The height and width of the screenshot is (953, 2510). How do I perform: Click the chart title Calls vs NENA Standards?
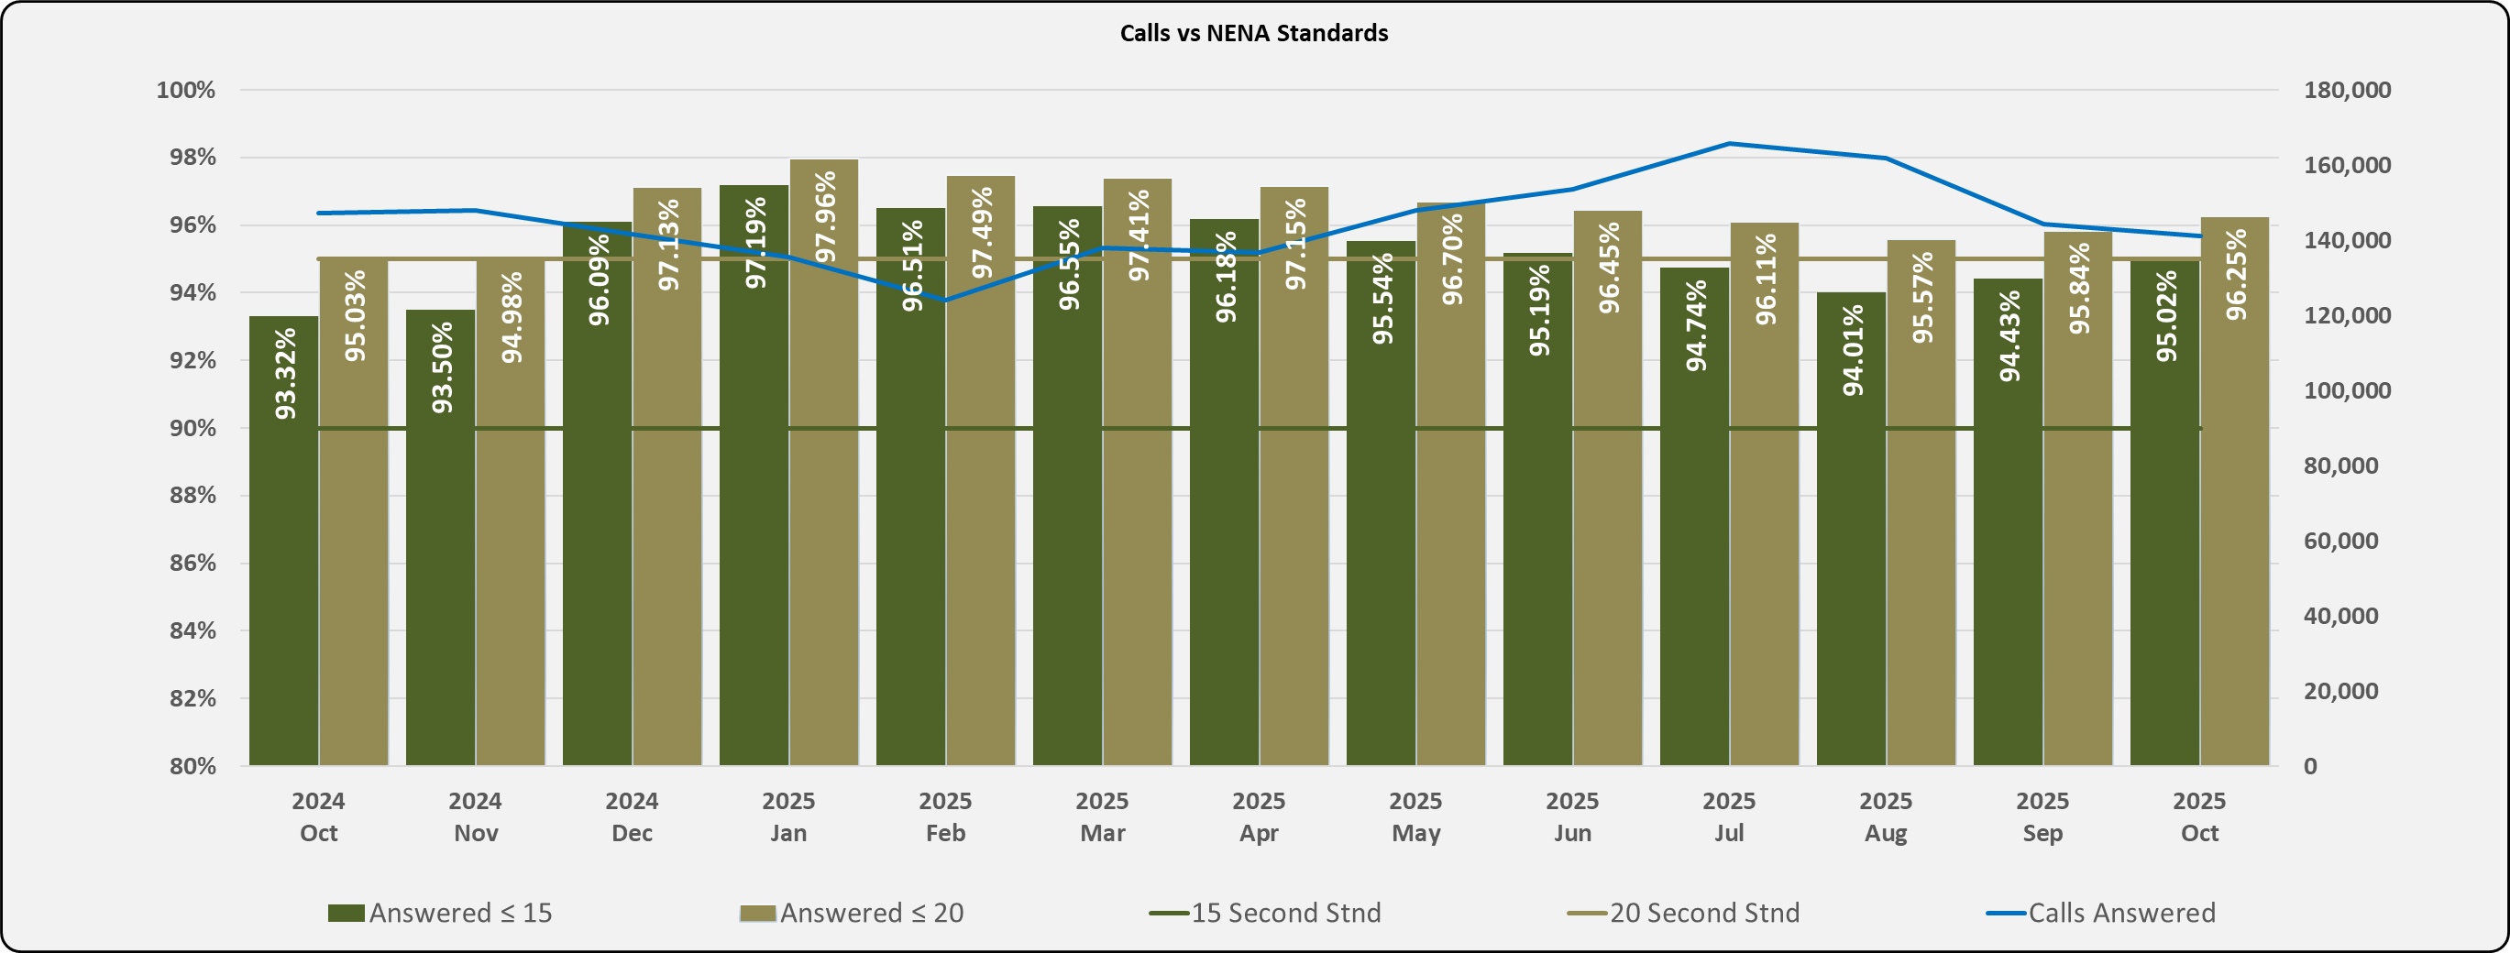click(1253, 33)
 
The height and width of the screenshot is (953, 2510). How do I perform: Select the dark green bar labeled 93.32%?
click(283, 585)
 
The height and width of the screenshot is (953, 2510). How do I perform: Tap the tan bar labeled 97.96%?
click(824, 536)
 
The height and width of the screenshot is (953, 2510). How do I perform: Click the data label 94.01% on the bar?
click(1853, 351)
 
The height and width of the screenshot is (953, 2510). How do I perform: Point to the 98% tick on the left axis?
click(186, 157)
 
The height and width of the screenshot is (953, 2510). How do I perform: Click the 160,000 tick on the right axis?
click(2346, 165)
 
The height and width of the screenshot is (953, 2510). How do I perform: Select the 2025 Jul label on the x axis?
click(1729, 816)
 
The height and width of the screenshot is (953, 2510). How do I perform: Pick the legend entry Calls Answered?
click(2121, 913)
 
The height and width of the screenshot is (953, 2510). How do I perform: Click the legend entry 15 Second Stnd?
click(1285, 913)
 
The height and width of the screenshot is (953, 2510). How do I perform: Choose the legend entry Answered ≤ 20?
click(870, 913)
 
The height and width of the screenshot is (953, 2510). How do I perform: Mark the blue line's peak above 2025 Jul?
click(1729, 143)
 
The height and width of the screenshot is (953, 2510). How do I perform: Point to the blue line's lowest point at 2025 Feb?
click(945, 301)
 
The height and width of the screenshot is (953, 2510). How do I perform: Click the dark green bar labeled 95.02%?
click(2164, 585)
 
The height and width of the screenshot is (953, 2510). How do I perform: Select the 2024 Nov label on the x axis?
click(476, 816)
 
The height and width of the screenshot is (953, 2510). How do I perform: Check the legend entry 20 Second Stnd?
click(1703, 913)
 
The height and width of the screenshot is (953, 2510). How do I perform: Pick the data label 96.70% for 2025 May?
click(1452, 259)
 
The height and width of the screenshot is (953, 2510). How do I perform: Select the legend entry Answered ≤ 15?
click(459, 913)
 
